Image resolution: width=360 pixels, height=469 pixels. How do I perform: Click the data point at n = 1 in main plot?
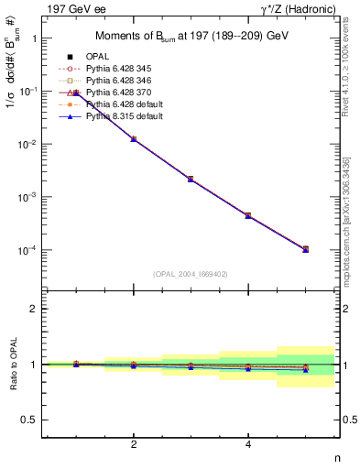(x=77, y=93)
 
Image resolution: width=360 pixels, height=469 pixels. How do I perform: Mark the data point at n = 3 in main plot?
(x=191, y=179)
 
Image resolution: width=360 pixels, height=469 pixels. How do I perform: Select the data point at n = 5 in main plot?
(x=305, y=249)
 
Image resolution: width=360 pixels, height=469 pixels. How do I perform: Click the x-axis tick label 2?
(x=134, y=444)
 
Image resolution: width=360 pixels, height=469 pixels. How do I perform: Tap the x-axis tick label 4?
(x=248, y=444)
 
